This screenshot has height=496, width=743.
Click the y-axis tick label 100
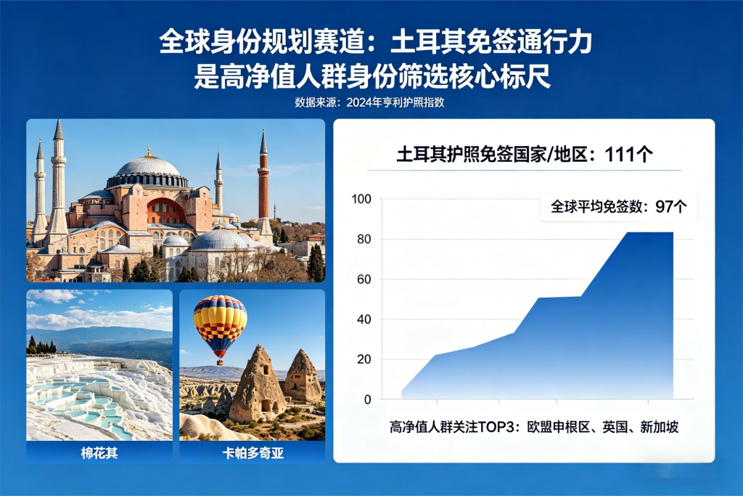(361, 199)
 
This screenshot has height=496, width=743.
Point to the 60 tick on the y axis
(364, 280)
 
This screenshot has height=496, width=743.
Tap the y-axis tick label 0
(368, 399)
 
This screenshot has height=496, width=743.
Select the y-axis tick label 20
(364, 359)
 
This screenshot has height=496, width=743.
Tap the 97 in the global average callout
(663, 207)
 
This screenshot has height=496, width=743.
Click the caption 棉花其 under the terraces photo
(99, 453)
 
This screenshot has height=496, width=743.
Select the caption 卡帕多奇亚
(253, 453)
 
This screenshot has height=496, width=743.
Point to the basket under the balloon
(221, 363)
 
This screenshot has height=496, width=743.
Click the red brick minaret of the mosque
(263, 185)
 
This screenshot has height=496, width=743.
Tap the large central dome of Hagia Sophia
(148, 167)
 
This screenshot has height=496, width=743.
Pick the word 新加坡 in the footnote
(659, 427)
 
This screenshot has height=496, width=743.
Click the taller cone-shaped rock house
(258, 384)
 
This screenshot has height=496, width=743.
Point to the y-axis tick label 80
(364, 239)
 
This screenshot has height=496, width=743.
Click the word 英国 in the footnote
(615, 427)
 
